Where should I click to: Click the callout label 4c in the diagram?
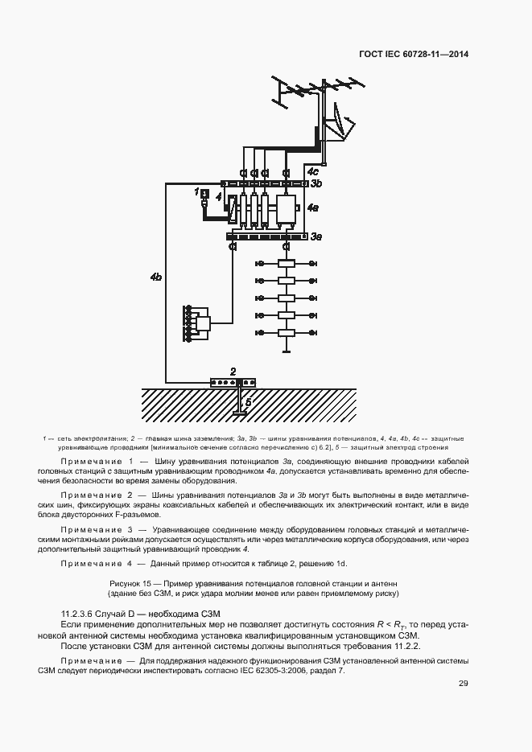point(312,171)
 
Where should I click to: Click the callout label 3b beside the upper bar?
point(316,184)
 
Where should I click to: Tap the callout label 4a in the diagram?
point(312,208)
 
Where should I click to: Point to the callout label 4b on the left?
point(156,277)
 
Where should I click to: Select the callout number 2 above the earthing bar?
point(233,372)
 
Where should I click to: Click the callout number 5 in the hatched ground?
point(248,401)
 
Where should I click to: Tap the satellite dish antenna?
point(338,129)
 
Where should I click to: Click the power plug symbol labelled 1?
point(204,194)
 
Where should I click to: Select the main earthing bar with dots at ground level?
point(232,382)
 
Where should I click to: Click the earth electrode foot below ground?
point(240,413)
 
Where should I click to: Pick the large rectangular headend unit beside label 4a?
point(286,209)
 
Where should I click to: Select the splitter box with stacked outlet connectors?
point(202,323)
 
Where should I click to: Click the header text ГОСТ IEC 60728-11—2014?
point(414,55)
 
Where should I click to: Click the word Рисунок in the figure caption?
point(126,581)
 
